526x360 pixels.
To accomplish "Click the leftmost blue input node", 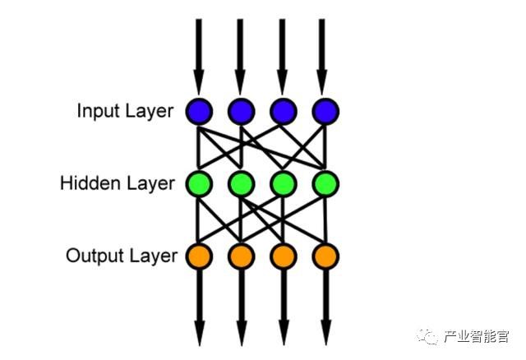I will click(x=198, y=110).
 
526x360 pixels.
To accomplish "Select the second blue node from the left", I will click(x=241, y=110).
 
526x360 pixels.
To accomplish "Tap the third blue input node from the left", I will click(x=283, y=110).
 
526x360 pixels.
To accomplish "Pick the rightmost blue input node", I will click(x=326, y=110).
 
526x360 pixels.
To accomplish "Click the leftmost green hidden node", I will click(x=198, y=182).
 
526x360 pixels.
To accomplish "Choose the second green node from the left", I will click(x=241, y=182).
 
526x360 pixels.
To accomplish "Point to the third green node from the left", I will click(x=283, y=182).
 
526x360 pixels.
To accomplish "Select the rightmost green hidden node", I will click(x=326, y=182).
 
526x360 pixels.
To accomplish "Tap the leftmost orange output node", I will click(x=198, y=255).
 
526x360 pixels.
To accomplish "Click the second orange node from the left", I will click(x=241, y=255).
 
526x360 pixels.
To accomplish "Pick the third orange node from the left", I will click(x=283, y=255).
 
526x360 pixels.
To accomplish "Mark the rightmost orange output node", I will click(x=326, y=255).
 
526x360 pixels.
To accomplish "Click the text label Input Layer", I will click(x=125, y=111).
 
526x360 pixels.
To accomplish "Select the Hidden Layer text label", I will click(x=117, y=183).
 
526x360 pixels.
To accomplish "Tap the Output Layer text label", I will click(x=121, y=256).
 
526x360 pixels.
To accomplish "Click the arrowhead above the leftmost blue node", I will click(x=198, y=82).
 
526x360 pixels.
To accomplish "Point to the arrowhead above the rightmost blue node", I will click(x=326, y=82).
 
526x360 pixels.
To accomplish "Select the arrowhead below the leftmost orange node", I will click(x=198, y=333).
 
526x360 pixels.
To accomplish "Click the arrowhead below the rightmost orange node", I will click(x=326, y=333).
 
